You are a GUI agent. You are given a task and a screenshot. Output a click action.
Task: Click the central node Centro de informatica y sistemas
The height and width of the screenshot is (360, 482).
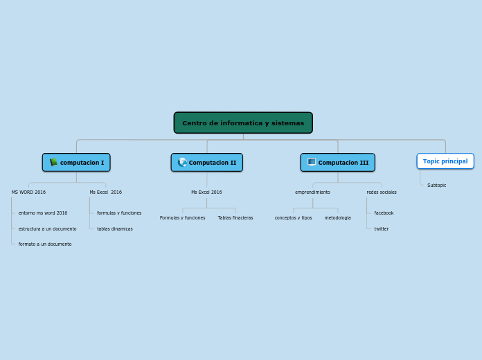click(243, 123)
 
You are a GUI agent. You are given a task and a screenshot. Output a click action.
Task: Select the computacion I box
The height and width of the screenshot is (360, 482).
click(76, 163)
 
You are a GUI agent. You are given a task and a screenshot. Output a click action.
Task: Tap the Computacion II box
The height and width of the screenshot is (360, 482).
click(207, 163)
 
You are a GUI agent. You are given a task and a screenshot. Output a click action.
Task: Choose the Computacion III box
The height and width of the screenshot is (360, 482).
click(338, 163)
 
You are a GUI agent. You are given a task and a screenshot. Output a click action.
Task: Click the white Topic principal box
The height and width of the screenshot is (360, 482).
click(445, 161)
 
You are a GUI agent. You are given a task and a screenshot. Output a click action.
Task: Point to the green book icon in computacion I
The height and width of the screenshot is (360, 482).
click(53, 162)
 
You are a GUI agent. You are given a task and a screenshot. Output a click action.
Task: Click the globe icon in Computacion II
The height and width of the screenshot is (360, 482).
click(182, 162)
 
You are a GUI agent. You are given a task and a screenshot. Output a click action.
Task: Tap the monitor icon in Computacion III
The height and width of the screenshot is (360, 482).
click(312, 162)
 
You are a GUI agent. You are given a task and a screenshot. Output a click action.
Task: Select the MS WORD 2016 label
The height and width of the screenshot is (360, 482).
click(28, 192)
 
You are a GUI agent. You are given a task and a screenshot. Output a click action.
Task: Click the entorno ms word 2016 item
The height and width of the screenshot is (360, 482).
click(43, 213)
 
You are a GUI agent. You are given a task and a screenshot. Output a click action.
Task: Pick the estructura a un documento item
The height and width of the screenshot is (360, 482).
click(47, 228)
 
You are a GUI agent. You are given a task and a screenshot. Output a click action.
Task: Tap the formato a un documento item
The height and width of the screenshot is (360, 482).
click(45, 244)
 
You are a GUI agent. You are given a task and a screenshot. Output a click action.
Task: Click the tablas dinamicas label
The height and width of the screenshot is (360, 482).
click(115, 228)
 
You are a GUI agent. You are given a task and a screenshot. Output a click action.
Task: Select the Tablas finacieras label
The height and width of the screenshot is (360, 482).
click(235, 218)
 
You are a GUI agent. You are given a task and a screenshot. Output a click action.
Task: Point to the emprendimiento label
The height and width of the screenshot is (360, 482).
click(312, 192)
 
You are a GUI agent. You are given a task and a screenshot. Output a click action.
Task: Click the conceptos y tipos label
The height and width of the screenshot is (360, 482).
click(293, 218)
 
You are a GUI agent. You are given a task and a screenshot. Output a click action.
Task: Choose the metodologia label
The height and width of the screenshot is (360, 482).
click(337, 218)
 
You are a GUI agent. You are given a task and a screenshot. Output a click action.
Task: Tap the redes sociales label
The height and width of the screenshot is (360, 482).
click(382, 192)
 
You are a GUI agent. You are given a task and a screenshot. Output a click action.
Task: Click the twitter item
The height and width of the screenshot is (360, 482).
click(382, 228)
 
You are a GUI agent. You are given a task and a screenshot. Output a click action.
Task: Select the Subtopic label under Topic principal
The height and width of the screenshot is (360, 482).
click(437, 186)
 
